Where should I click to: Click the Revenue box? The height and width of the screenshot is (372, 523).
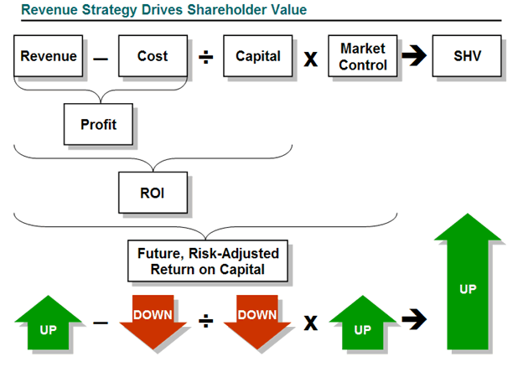pyautogui.click(x=48, y=57)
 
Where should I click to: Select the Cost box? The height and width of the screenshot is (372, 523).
pyautogui.click(x=152, y=57)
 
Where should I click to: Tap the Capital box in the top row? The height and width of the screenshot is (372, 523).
pyautogui.click(x=257, y=57)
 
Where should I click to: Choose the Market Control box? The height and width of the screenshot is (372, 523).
pyautogui.click(x=362, y=57)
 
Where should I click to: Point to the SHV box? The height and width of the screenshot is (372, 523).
pyautogui.click(x=467, y=57)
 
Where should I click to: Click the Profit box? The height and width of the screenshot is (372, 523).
pyautogui.click(x=98, y=125)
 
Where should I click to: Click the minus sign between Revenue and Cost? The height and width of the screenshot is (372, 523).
pyautogui.click(x=101, y=59)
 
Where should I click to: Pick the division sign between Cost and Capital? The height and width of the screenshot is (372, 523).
pyautogui.click(x=205, y=59)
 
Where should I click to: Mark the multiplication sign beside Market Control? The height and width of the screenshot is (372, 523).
pyautogui.click(x=310, y=59)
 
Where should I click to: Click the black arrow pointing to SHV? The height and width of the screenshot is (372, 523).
pyautogui.click(x=412, y=58)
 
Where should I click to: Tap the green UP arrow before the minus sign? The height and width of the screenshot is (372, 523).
pyautogui.click(x=48, y=323)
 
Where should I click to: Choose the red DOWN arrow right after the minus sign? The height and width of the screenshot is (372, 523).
pyautogui.click(x=152, y=323)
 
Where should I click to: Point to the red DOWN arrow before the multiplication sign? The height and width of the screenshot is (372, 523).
pyautogui.click(x=257, y=323)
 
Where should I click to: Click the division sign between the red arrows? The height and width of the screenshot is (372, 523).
pyautogui.click(x=205, y=322)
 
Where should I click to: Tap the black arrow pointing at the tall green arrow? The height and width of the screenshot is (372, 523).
pyautogui.click(x=412, y=319)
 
